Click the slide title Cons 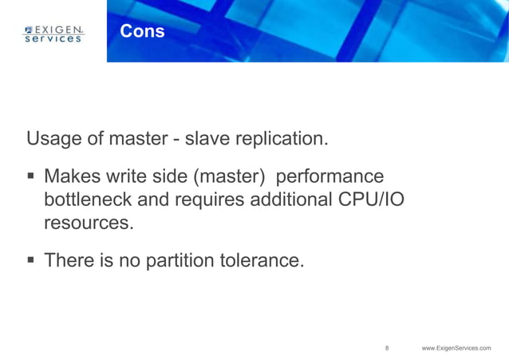[142, 32]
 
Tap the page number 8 [387, 348]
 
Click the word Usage [54, 139]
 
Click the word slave [203, 139]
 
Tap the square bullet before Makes [31, 176]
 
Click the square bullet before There [31, 260]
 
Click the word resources [88, 224]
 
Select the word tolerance [266, 261]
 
